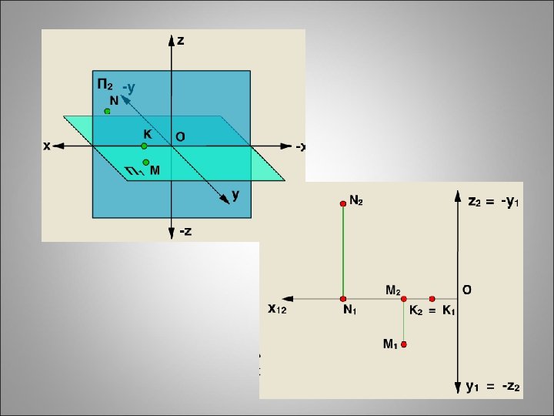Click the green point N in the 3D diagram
coord(108,112)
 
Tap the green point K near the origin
coord(144,146)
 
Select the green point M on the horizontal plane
coord(145,162)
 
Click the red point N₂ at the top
coord(343,203)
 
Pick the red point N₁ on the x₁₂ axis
coord(343,298)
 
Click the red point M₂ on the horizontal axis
coord(403,298)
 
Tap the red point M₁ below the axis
coord(403,344)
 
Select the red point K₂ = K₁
coord(432,298)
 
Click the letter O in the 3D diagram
coord(180,136)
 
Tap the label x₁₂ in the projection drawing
coord(277,310)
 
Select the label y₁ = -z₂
coord(493,387)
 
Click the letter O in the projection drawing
coord(466,290)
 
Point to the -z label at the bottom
coord(185,232)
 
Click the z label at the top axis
coord(181,41)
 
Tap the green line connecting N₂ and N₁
coord(343,250)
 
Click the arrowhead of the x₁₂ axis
coord(286,298)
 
